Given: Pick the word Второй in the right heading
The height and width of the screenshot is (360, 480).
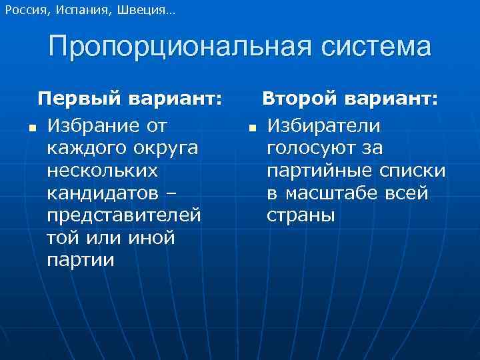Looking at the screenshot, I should click(x=298, y=99).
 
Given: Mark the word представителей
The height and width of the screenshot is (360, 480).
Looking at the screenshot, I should click(x=124, y=216).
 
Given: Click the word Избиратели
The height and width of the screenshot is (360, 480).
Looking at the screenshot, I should click(x=323, y=125).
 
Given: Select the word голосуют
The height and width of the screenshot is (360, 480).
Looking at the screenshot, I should click(x=311, y=148).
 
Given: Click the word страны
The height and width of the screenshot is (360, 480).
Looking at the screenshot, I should click(x=301, y=216).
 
